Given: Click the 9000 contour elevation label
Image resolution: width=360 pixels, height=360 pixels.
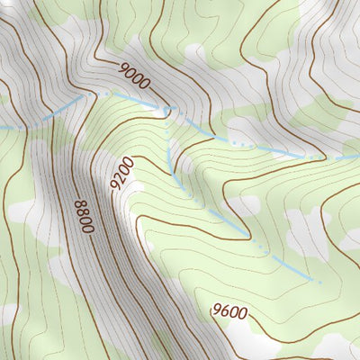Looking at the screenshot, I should pos(133,75).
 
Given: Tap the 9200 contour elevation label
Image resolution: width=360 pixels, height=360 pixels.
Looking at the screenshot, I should pos(121,173).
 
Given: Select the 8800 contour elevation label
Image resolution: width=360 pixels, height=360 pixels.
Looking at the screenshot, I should pos(82,217).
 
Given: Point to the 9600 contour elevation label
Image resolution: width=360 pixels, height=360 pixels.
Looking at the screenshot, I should pos(229,312).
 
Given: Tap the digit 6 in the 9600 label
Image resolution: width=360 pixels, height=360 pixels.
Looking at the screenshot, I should pos(224,311).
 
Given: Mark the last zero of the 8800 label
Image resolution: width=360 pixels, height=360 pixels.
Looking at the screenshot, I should pos(86,229).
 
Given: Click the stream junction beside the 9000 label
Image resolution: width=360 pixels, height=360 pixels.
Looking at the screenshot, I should pos(166,111).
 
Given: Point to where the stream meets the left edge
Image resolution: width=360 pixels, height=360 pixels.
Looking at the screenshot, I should pos(1,129).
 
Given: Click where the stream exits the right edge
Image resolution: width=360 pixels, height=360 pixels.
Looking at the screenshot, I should pos(359,155).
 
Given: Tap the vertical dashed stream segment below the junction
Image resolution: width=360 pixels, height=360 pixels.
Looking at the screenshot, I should pos(167,144).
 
